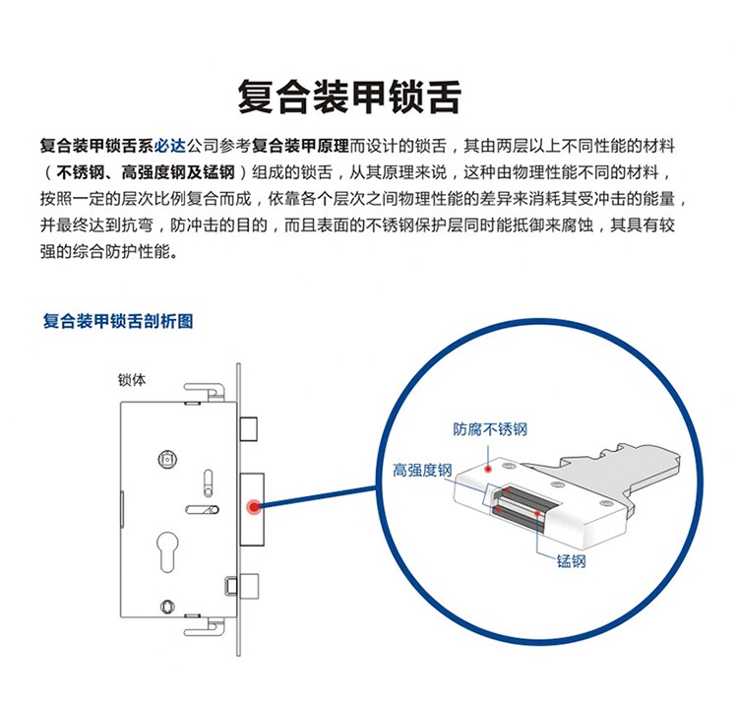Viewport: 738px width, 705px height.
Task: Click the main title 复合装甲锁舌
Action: pyautogui.click(x=349, y=96)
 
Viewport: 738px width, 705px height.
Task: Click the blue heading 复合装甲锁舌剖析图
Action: pyautogui.click(x=118, y=321)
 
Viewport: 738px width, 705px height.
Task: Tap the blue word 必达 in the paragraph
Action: pyautogui.click(x=170, y=146)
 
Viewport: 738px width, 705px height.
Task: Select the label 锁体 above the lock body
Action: pyautogui.click(x=132, y=380)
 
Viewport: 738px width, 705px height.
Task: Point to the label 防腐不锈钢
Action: pyautogui.click(x=490, y=429)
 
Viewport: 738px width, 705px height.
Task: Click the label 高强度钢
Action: pyautogui.click(x=422, y=470)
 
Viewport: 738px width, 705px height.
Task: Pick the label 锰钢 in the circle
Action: pyautogui.click(x=571, y=561)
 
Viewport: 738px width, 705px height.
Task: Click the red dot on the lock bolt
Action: pyautogui.click(x=254, y=507)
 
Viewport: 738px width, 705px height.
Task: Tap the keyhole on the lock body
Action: pyautogui.click(x=167, y=551)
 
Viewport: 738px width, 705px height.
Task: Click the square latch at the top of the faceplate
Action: pyautogui.click(x=249, y=428)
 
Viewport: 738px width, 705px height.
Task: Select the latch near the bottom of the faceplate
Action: pyautogui.click(x=243, y=586)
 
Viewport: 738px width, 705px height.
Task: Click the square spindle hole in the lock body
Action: pyautogui.click(x=167, y=459)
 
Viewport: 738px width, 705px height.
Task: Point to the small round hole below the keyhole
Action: pyautogui.click(x=167, y=607)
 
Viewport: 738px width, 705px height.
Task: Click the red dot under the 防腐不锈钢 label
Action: pyautogui.click(x=488, y=469)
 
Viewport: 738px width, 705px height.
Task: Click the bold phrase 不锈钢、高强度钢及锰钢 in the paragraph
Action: pyautogui.click(x=146, y=172)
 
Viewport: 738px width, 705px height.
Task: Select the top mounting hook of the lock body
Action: pyautogui.click(x=205, y=391)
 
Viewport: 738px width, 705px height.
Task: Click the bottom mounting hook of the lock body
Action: pyautogui.click(x=205, y=627)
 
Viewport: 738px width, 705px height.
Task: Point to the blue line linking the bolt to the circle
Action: pyautogui.click(x=318, y=497)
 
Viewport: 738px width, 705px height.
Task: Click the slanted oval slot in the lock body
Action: pyautogui.click(x=202, y=510)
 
